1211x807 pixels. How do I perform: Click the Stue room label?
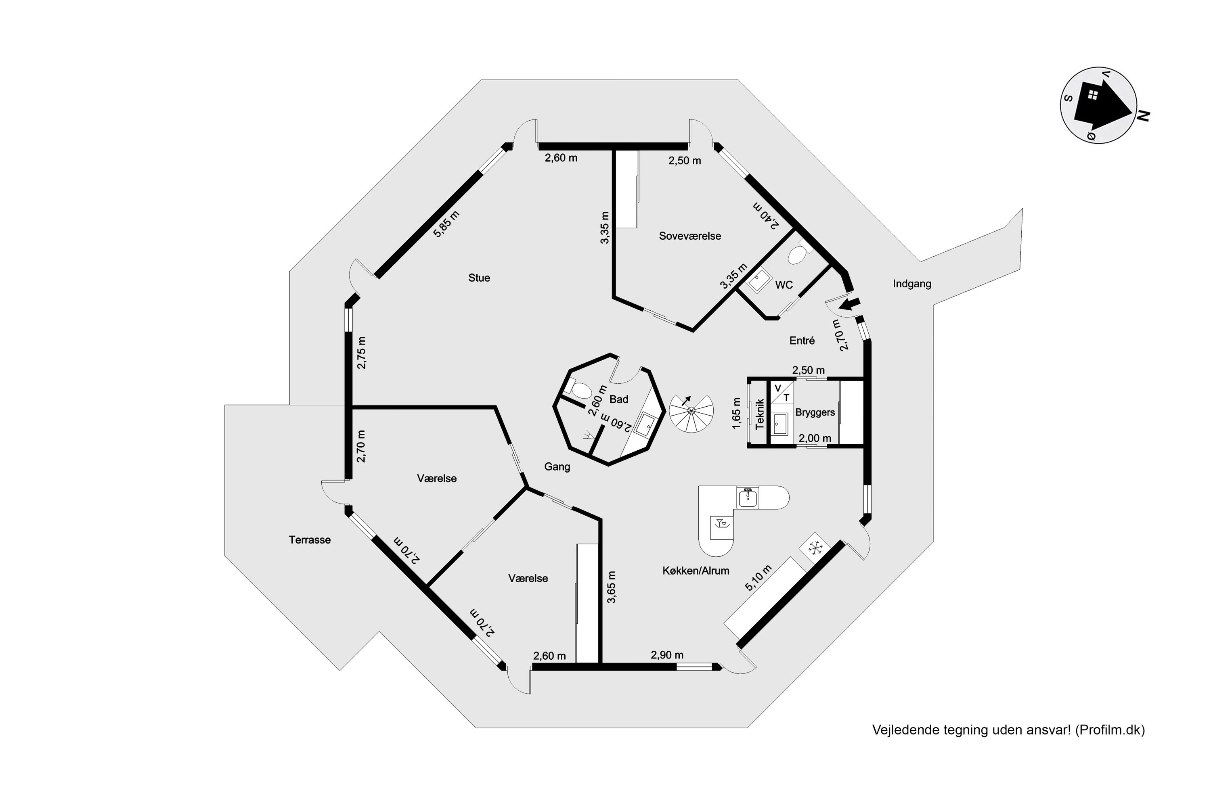[x=479, y=278]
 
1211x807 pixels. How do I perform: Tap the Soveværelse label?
[x=690, y=236]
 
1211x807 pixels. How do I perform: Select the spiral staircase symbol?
[x=691, y=410]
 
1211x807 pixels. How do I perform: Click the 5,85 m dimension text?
[x=446, y=224]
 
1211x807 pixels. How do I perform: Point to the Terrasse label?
[x=310, y=540]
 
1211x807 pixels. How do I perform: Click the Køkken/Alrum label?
[x=696, y=570]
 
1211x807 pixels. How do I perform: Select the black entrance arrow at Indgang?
[x=850, y=305]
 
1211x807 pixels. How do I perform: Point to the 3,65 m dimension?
[x=611, y=587]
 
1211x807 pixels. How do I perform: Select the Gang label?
[x=557, y=467]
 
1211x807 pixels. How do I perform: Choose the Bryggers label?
[x=815, y=413]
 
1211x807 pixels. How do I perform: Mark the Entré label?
[x=802, y=340]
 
